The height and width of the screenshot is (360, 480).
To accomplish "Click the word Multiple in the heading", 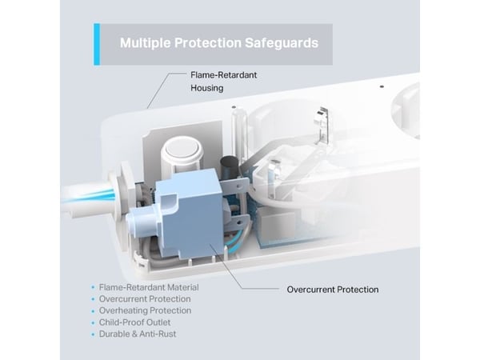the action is [x=145, y=43].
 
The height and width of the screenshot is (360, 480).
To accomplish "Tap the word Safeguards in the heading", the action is [x=282, y=43].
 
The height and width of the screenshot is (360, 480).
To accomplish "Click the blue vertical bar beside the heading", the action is [x=97, y=44].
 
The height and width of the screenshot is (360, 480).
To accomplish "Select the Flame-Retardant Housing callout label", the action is [x=224, y=82].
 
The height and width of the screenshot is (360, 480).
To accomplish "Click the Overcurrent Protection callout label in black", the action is [x=333, y=290].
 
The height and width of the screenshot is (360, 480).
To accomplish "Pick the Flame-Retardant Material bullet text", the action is [x=149, y=287].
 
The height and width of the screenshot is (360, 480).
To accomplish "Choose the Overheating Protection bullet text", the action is [x=145, y=310].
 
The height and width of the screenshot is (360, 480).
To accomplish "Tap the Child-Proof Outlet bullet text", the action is [x=134, y=322].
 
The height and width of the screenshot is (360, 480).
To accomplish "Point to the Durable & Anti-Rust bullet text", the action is [x=138, y=334].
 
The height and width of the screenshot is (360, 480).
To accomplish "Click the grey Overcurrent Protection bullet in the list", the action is [x=145, y=298].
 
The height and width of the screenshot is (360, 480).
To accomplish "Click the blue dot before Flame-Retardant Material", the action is [x=93, y=288].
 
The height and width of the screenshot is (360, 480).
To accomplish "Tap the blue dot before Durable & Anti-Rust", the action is [x=93, y=334].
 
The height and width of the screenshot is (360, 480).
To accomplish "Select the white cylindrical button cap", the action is [x=182, y=154].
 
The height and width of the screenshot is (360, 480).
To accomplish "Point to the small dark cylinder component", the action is [x=227, y=167].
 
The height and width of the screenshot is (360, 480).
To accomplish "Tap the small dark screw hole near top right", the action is [x=382, y=86].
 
